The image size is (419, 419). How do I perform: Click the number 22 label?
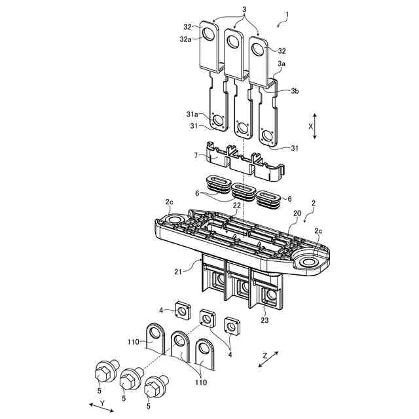[x=236, y=205]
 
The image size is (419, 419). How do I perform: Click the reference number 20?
[x=297, y=214]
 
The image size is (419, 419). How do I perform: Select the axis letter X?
[x=310, y=124]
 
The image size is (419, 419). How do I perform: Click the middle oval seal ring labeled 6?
[x=244, y=192]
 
